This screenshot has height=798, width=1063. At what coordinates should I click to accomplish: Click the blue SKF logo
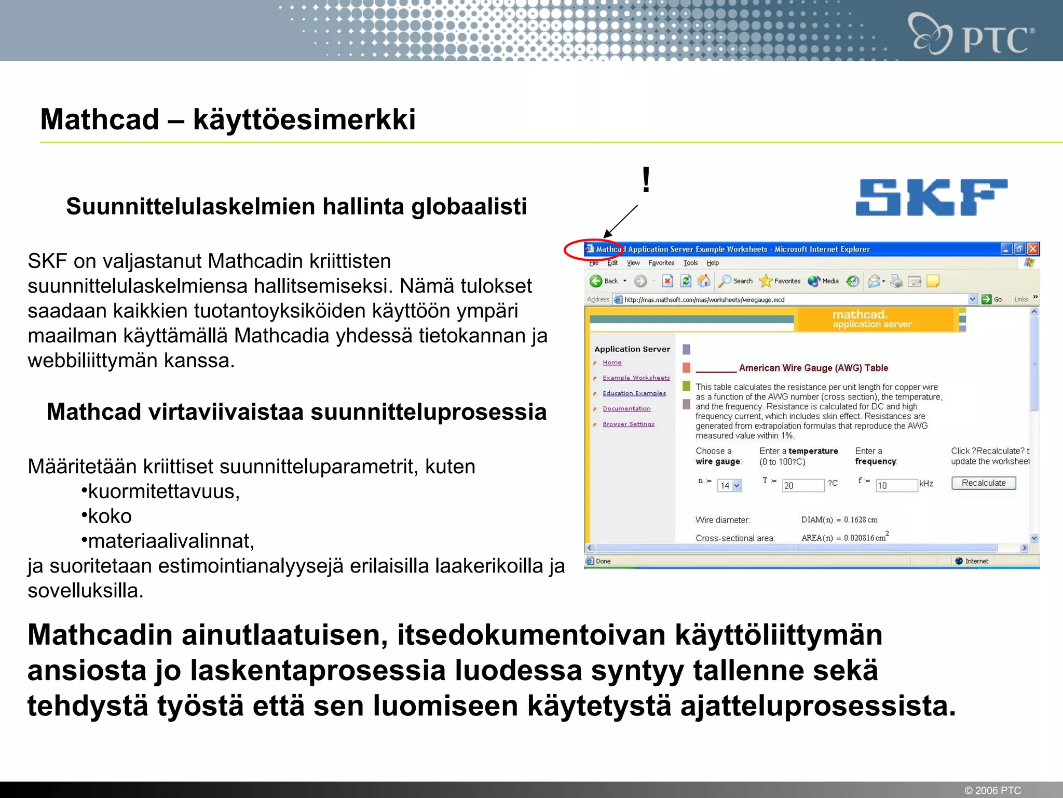pyautogui.click(x=931, y=197)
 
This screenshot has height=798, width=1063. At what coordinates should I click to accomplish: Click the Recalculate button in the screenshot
pyautogui.click(x=983, y=483)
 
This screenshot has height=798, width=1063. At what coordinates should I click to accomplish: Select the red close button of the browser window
pyautogui.click(x=1033, y=249)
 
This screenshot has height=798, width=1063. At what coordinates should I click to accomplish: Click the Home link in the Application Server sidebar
pyautogui.click(x=612, y=363)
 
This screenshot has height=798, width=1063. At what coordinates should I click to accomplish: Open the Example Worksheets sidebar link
pyautogui.click(x=636, y=378)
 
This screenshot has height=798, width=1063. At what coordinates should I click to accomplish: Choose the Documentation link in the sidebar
pyautogui.click(x=626, y=409)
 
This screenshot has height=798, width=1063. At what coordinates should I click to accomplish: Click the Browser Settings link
pyautogui.click(x=629, y=424)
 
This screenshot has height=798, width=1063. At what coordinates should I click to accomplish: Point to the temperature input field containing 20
pyautogui.click(x=802, y=485)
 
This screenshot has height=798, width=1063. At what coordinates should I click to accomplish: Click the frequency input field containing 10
pyautogui.click(x=896, y=485)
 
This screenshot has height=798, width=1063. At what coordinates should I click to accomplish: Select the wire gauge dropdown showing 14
pyautogui.click(x=729, y=485)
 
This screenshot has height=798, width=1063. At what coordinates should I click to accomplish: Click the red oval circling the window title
pyautogui.click(x=592, y=249)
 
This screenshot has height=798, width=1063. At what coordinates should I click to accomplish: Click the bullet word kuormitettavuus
pyautogui.click(x=163, y=491)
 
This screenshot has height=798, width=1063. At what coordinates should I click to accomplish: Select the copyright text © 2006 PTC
pyautogui.click(x=992, y=790)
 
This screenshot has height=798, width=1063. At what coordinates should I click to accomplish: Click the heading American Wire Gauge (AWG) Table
pyautogui.click(x=813, y=368)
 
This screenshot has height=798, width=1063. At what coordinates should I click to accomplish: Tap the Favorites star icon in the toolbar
pyautogui.click(x=766, y=281)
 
